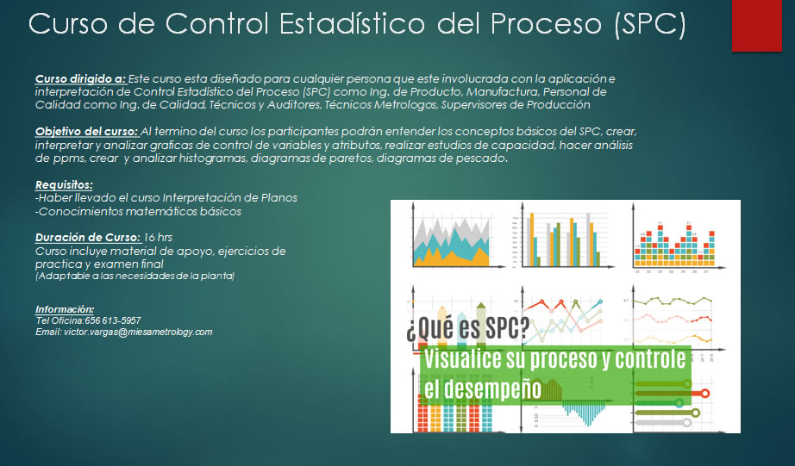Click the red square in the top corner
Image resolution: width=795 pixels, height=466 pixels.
pos(756,25)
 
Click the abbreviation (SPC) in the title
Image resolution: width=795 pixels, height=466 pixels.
pos(649,23)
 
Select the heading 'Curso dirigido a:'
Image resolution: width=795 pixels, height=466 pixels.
pos(80,79)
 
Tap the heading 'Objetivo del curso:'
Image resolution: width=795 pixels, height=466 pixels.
pos(87,132)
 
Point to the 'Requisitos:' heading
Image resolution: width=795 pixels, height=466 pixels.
pos(64,185)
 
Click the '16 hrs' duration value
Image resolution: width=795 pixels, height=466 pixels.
pos(158,237)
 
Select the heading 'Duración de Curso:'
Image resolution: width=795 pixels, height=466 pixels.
pos(88,238)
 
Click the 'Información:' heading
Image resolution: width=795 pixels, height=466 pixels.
pos(65,309)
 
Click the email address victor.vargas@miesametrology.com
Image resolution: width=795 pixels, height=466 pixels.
pos(138,332)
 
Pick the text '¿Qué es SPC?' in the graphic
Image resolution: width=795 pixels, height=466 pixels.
pos(467,328)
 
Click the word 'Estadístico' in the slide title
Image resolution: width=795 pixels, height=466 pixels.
pos(352,23)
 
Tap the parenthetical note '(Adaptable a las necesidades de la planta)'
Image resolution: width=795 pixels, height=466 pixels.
pos(135,276)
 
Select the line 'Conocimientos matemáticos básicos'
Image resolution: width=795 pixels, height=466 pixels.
pos(139,211)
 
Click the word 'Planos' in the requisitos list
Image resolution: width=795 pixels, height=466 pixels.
pos(279,197)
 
